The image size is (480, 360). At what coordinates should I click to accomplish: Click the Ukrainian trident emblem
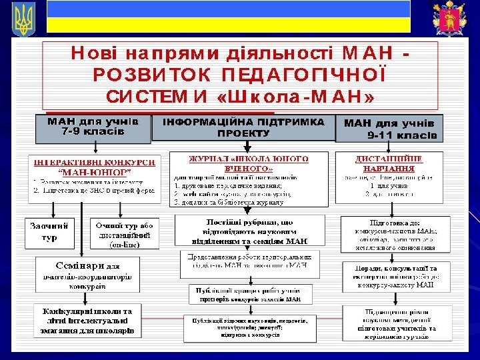click(22, 18)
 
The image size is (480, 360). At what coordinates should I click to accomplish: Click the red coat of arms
click(446, 18)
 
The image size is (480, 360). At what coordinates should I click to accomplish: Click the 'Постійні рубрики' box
click(249, 231)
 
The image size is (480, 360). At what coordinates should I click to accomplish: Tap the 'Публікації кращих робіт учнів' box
click(249, 294)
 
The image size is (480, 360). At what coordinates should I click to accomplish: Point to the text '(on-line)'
click(125, 244)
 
